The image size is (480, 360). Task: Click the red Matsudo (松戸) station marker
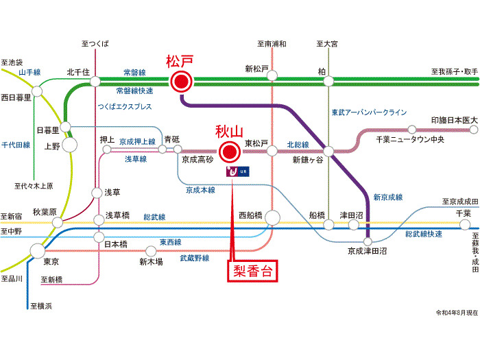181,82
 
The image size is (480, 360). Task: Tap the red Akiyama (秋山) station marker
230,152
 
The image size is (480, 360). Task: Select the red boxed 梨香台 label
252,271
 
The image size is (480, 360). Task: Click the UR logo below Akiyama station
238,171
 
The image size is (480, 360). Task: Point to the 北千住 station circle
95,82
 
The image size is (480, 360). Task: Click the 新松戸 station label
256,69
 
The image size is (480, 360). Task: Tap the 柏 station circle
328,81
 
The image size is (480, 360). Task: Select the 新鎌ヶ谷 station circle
328,152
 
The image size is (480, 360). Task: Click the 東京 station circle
38,251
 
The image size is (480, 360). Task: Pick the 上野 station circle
70,145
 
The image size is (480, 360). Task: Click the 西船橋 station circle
272,218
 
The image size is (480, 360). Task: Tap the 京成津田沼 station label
367,251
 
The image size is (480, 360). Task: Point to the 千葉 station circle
465,225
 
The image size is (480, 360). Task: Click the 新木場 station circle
151,252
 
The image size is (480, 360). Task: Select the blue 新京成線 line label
388,197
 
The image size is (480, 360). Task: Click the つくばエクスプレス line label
125,106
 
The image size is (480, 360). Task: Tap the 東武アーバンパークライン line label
370,112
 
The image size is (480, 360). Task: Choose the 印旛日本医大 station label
454,120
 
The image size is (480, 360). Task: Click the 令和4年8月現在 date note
457,313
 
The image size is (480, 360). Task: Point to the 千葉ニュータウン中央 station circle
412,130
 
